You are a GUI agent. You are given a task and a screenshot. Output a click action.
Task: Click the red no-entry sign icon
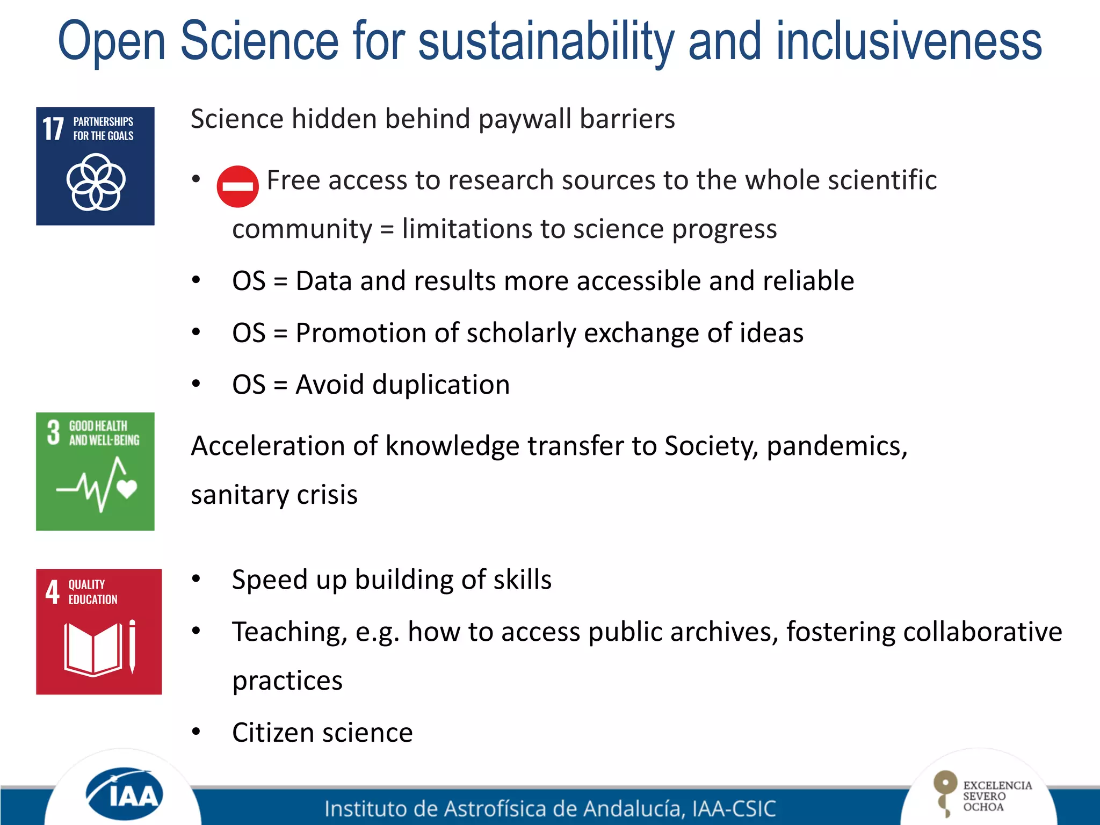tap(237, 186)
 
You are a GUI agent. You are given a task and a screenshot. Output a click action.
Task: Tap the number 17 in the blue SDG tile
tap(53, 129)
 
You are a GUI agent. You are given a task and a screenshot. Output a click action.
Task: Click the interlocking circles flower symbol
tap(96, 182)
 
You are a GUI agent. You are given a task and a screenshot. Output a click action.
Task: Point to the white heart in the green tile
tap(127, 488)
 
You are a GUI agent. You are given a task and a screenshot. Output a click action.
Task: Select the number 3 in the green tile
tap(53, 432)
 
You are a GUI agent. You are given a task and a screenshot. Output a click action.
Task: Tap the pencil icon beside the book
tap(132, 647)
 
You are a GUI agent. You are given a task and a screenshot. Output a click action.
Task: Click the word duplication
tap(440, 385)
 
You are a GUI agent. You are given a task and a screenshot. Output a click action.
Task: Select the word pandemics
tap(837, 446)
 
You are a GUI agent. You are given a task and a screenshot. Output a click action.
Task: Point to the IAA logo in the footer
tap(125, 794)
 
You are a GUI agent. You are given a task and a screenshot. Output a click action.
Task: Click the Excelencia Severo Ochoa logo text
tap(996, 796)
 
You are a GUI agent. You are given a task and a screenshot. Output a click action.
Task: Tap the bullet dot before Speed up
tap(196, 579)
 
